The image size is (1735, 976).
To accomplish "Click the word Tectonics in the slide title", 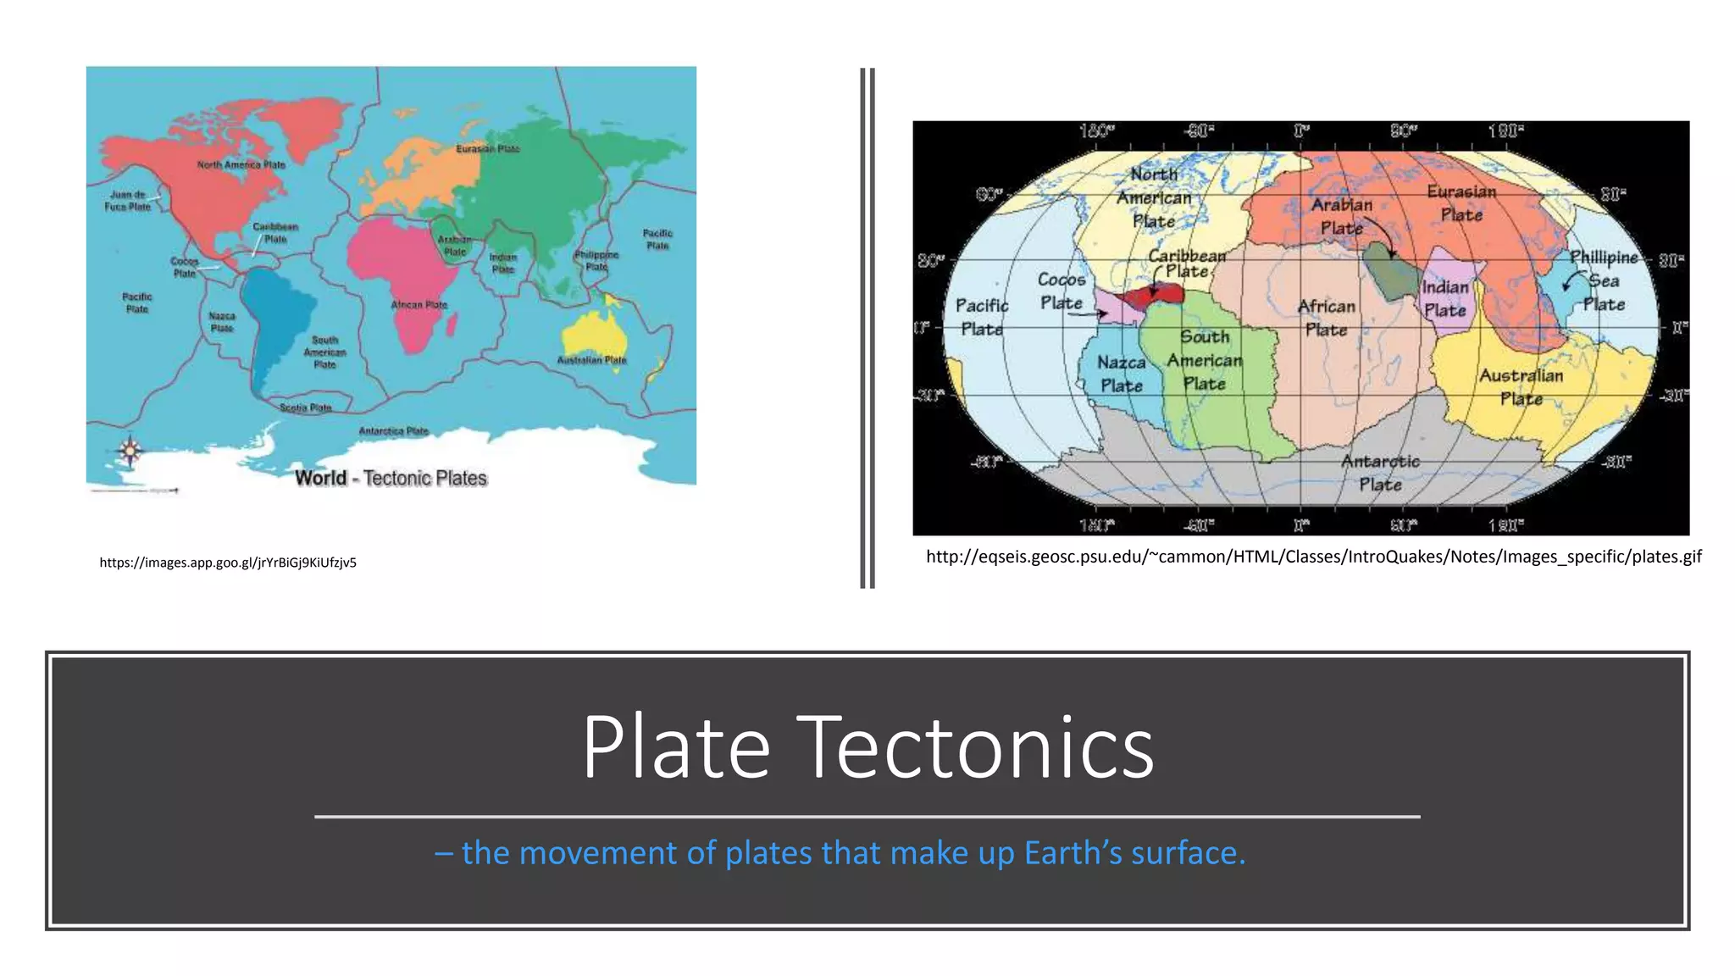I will point(974,747).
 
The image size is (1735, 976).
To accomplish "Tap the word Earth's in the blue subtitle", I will point(1073,853).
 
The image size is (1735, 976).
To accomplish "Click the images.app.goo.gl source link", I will point(228,563).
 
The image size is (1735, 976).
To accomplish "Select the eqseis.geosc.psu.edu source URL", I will point(1313,557).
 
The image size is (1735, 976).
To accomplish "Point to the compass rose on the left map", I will point(130,451).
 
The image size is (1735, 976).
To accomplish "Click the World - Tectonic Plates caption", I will point(391,478).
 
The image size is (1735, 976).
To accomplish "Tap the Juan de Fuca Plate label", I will point(127,201).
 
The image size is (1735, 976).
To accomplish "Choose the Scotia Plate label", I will point(306,408).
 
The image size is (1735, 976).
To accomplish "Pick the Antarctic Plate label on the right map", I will point(1380,473).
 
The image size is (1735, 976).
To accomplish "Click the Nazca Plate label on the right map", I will point(1121,374).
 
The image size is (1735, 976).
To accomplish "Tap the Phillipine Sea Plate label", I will point(1603,280).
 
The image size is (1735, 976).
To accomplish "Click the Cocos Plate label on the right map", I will point(1062,291).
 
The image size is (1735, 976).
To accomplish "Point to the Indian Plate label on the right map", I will point(1445,298).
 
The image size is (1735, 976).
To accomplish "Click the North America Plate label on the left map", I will point(241,164).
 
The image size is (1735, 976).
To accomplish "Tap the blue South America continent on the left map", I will point(271,322).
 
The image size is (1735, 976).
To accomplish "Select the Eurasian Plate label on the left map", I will point(488,149).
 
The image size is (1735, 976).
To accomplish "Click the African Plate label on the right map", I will point(1327,318).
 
